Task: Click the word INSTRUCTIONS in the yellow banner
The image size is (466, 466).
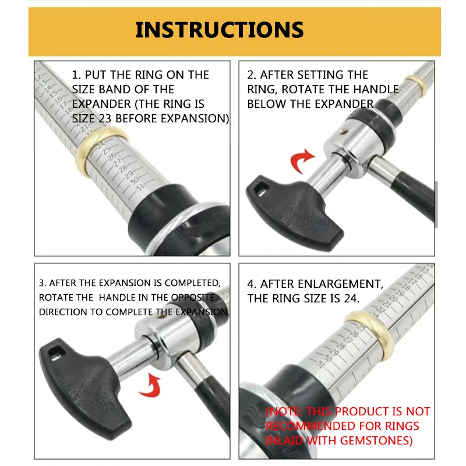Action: pyautogui.click(x=220, y=30)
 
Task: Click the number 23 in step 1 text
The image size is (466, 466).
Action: pyautogui.click(x=105, y=119)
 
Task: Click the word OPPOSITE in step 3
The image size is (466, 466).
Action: pyautogui.click(x=193, y=298)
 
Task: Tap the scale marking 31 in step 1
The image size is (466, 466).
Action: pyautogui.click(x=139, y=187)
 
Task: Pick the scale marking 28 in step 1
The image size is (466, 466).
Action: pyautogui.click(x=123, y=168)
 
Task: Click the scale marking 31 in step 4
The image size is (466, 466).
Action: pyautogui.click(x=320, y=363)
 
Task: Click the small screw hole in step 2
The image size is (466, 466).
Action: pyautogui.click(x=344, y=130)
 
